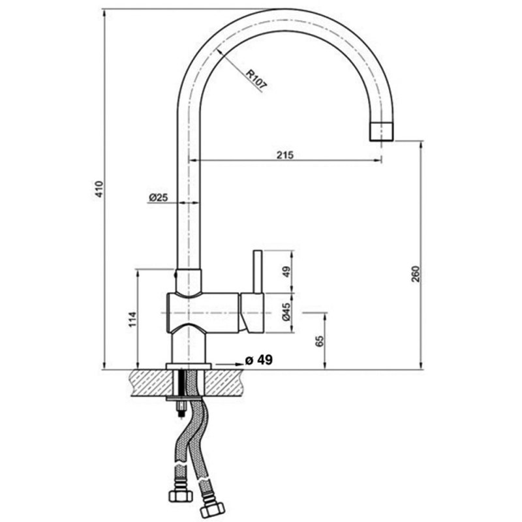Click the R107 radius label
click(256, 80)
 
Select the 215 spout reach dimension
click(285, 155)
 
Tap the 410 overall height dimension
click(100, 189)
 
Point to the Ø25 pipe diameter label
click(158, 198)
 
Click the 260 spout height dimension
click(416, 274)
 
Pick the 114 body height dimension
click(132, 319)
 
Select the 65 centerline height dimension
click(319, 341)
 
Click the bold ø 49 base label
click(258, 360)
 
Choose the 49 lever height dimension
click(286, 271)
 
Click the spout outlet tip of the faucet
click(382, 132)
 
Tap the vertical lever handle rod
click(258, 271)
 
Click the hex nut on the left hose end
click(181, 496)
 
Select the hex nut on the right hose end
click(211, 506)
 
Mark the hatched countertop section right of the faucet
click(227, 383)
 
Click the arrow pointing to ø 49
click(230, 364)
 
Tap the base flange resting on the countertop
click(189, 366)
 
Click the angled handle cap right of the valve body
click(252, 313)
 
